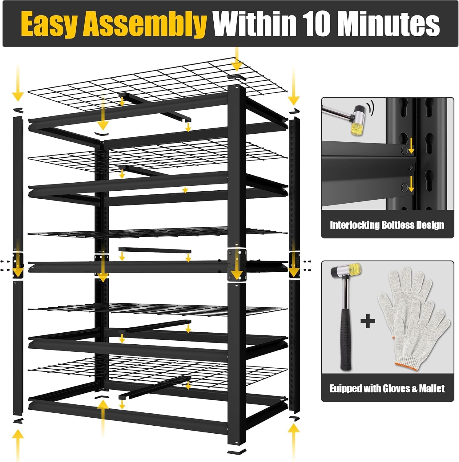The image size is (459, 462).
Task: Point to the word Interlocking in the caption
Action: click(x=354, y=225)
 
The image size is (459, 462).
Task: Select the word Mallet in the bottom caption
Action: click(x=432, y=389)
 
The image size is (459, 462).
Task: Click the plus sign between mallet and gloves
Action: click(x=368, y=322)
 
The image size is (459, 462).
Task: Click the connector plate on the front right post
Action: click(x=237, y=265)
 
